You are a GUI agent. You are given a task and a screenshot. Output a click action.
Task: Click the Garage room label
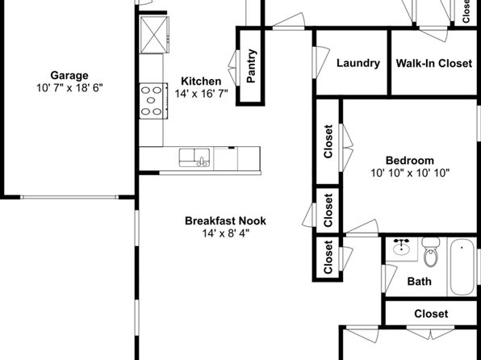click(x=69, y=76)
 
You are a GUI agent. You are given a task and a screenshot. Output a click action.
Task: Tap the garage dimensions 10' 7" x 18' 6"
click(x=69, y=88)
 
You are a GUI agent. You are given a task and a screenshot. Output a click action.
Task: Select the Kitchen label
click(x=201, y=81)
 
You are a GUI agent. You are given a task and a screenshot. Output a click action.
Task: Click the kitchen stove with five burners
click(x=153, y=101)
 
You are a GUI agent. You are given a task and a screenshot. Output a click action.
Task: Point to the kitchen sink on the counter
click(x=194, y=157)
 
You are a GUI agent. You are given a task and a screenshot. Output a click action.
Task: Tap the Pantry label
click(x=251, y=65)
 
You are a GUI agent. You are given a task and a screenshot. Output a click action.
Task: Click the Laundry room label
click(x=358, y=63)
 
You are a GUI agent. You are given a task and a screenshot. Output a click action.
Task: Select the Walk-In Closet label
click(x=433, y=63)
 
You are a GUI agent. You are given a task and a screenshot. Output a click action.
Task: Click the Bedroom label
click(x=409, y=160)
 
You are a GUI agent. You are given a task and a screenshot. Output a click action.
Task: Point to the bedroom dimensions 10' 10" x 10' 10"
click(x=410, y=173)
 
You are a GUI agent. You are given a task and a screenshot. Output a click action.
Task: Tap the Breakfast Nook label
click(x=225, y=220)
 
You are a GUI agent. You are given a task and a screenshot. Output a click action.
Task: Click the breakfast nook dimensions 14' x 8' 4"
click(x=225, y=233)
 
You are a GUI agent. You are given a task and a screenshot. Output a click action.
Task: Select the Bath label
click(x=419, y=281)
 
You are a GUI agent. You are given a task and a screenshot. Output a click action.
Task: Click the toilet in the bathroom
click(x=431, y=252)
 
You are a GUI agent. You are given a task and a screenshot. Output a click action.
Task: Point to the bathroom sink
click(x=401, y=248)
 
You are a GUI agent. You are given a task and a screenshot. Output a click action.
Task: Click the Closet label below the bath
click(x=431, y=314)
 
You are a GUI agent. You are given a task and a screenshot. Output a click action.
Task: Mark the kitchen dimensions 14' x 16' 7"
click(x=201, y=94)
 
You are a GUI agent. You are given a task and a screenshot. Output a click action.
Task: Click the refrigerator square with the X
click(x=154, y=35)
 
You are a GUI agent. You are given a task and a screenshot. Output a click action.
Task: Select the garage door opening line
click(x=69, y=197)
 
